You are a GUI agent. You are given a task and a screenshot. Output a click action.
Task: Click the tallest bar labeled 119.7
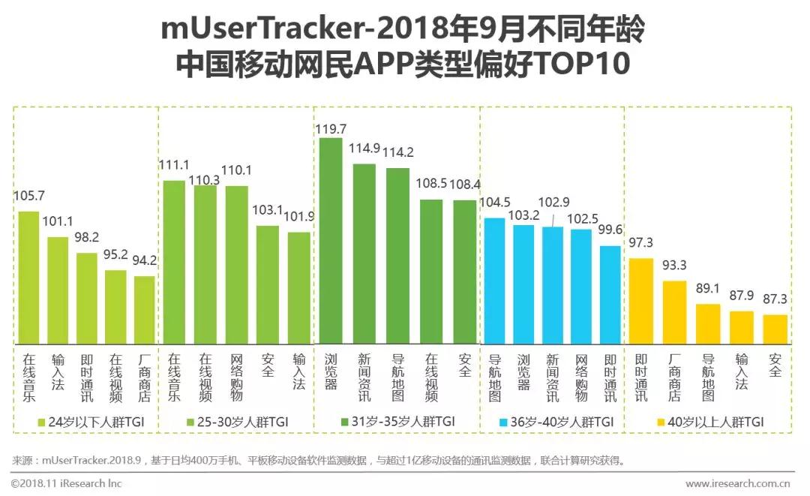tap(331, 240)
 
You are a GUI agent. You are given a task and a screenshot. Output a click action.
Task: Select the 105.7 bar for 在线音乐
tap(28, 277)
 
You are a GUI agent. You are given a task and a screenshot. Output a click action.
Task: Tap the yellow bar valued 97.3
tap(640, 300)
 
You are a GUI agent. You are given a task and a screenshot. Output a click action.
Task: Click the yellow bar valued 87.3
tap(775, 329)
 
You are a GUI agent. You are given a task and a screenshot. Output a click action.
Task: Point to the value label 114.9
tap(364, 149)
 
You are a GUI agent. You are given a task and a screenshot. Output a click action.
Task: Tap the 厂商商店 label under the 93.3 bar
tap(673, 377)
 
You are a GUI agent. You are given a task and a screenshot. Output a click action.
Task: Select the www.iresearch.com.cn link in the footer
tap(739, 484)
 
